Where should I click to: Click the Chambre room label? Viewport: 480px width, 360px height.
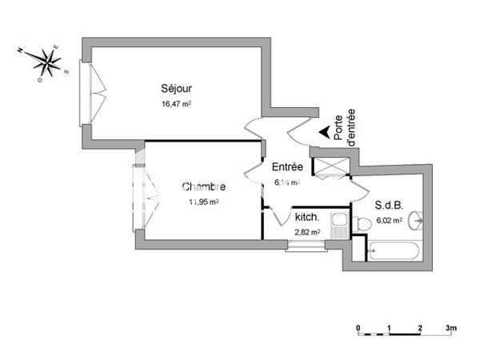click(203, 187)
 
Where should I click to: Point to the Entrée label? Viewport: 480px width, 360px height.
click(286, 167)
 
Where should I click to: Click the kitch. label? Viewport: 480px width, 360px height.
click(307, 218)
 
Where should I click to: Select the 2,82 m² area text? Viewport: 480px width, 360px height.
click(307, 232)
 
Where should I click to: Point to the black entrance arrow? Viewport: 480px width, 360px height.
click(324, 134)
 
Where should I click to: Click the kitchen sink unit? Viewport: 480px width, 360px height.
click(339, 226)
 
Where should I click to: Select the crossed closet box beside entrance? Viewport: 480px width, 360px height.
click(330, 166)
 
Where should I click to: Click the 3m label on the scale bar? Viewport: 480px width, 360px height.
click(451, 329)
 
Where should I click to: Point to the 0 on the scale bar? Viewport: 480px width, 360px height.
click(358, 329)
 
